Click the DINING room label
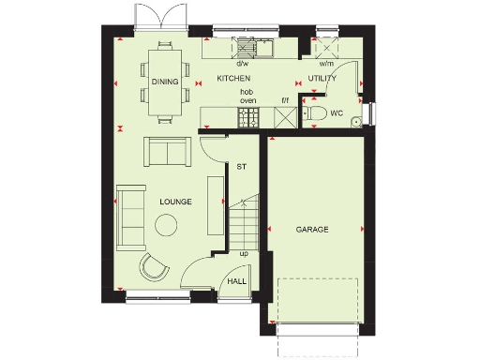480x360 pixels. tap(164, 81)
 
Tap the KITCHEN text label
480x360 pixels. tap(233, 80)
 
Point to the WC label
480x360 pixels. tap(336, 113)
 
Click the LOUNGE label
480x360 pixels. tap(175, 201)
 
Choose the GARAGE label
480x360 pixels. tap(312, 229)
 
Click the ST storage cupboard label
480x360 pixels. tap(240, 167)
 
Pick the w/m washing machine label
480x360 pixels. tap(327, 64)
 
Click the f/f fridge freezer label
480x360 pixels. tap(284, 99)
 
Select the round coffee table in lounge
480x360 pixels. tap(168, 225)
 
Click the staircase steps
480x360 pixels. tap(246, 222)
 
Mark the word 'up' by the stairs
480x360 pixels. tap(245, 253)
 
